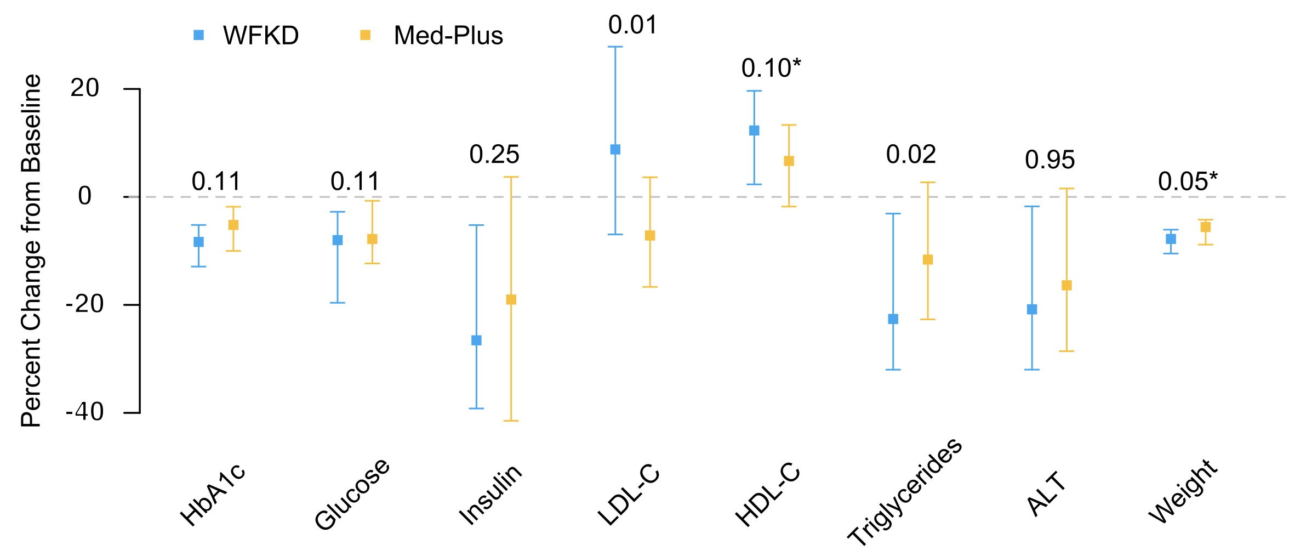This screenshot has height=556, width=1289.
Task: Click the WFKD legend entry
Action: pyautogui.click(x=246, y=36)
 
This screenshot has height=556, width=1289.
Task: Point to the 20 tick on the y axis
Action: pyautogui.click(x=85, y=88)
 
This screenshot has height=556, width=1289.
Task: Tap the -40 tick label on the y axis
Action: pyautogui.click(x=85, y=412)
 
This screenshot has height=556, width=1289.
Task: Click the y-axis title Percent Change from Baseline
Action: pyautogui.click(x=31, y=251)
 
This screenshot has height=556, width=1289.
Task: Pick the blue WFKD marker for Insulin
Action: pyautogui.click(x=476, y=341)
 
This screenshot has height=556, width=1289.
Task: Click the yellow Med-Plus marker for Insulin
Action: pyautogui.click(x=511, y=299)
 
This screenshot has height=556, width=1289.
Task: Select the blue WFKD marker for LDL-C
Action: pyautogui.click(x=615, y=150)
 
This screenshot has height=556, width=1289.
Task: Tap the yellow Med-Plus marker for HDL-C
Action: pyautogui.click(x=789, y=161)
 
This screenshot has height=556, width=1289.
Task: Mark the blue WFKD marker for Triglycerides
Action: pyautogui.click(x=893, y=319)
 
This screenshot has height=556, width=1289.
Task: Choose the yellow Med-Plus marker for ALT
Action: pyautogui.click(x=1066, y=286)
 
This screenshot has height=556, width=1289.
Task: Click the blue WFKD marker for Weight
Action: pyautogui.click(x=1171, y=239)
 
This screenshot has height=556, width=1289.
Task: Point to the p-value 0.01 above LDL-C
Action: pyautogui.click(x=632, y=25)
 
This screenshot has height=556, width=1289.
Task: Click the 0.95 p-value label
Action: pyautogui.click(x=1050, y=160)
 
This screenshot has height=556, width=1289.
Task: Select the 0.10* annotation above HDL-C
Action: pyautogui.click(x=771, y=69)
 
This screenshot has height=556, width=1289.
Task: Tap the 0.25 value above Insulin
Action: pyautogui.click(x=494, y=155)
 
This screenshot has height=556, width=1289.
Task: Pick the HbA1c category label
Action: pyautogui.click(x=213, y=495)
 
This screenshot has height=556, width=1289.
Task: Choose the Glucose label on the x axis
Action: pyautogui.click(x=352, y=494)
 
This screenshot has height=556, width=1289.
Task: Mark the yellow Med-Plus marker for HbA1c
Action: pyautogui.click(x=233, y=225)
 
